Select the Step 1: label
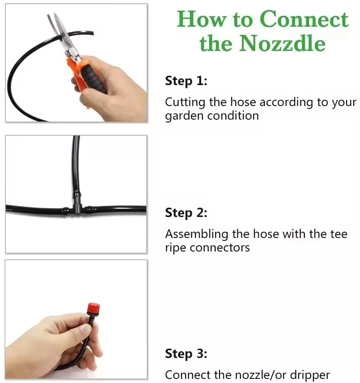click(186, 81)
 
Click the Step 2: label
click(186, 213)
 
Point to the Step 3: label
click(186, 354)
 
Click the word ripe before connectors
click(176, 248)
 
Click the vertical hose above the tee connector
click(76, 164)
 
